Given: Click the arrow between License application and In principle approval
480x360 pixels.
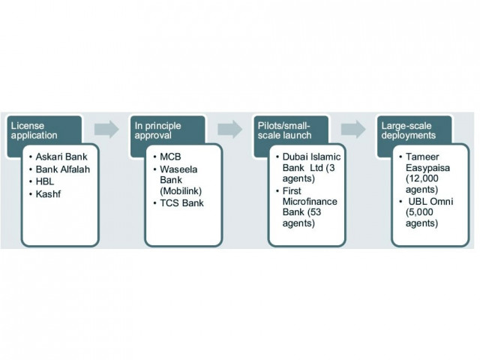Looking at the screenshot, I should click(107, 129).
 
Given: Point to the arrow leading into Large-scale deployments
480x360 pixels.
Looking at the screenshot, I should click(352, 129).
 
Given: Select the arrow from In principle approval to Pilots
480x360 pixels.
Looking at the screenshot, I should click(229, 129).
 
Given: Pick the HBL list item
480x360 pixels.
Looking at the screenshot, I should click(46, 182).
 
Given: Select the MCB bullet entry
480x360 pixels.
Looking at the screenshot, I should click(171, 157).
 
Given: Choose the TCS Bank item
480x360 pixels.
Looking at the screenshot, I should click(181, 204).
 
